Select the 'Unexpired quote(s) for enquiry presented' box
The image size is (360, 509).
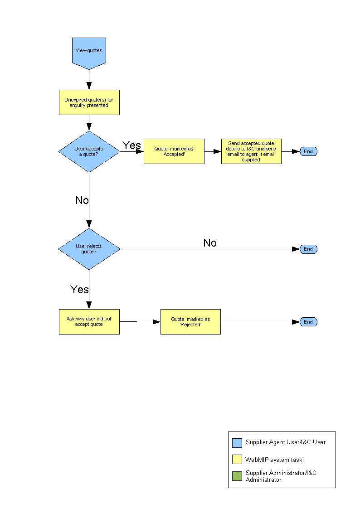89,102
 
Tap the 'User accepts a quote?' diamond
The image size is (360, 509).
89,151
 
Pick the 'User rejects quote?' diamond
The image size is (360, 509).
89,249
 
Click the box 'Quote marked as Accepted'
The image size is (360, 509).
174,151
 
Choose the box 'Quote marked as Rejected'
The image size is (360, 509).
190,322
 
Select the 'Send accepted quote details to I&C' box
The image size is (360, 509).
251,151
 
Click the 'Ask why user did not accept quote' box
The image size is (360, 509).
89,322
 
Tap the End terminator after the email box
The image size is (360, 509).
308,151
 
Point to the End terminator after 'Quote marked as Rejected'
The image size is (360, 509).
308,322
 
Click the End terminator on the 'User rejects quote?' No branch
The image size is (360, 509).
308,249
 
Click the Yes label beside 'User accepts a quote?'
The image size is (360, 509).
131,145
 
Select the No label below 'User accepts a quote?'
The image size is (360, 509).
82,200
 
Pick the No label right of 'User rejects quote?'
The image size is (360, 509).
210,243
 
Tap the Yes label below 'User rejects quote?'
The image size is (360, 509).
80,289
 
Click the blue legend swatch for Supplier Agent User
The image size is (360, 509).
237,443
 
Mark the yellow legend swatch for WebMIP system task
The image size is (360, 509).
237,460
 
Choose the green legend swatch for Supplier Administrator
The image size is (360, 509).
237,476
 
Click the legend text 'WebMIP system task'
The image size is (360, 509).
274,460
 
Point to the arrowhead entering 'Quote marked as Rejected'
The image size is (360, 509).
157,322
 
